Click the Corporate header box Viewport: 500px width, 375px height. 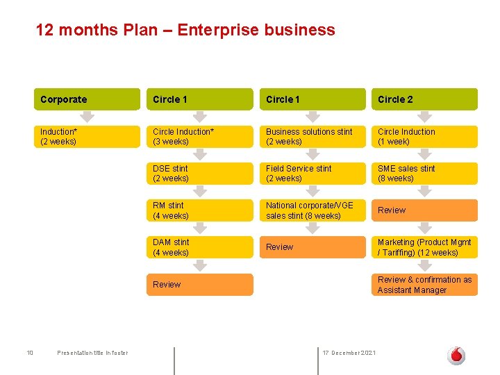click(87, 99)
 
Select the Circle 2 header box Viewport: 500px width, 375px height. click(424, 99)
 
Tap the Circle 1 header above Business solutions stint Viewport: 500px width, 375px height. click(312, 99)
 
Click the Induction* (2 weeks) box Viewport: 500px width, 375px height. click(87, 136)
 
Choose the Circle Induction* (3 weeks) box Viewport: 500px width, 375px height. click(199, 136)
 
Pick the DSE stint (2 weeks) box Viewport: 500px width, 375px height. click(199, 174)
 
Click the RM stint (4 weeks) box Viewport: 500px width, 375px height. click(199, 210)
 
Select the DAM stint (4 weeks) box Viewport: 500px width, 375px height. click(199, 247)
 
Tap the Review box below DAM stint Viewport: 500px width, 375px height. click(199, 284)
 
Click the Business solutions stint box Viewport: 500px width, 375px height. click(312, 136)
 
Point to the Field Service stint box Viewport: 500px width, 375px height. click(312, 174)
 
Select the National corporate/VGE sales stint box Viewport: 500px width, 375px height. click(312, 210)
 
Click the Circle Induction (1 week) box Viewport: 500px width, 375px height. click(424, 136)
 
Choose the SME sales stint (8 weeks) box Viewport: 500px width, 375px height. click(424, 174)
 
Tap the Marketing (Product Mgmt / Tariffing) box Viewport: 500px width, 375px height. click(424, 247)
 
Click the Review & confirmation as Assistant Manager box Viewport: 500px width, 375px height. click(424, 285)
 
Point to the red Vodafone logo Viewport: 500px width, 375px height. click(456, 355)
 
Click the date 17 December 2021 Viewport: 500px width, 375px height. click(349, 353)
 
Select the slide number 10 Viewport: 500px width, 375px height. click(30, 353)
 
